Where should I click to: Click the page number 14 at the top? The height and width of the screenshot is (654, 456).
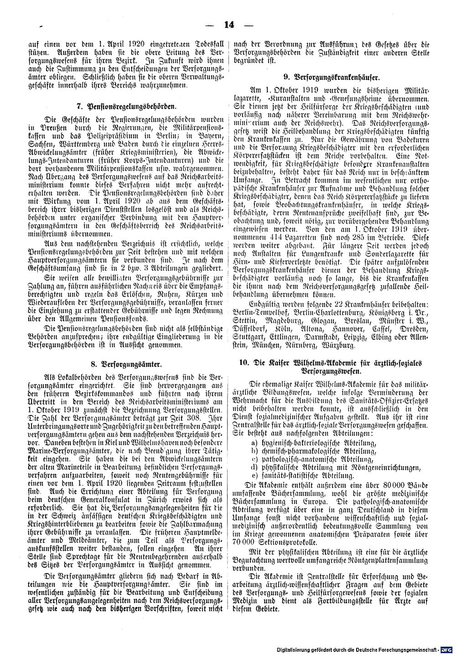click(228, 25)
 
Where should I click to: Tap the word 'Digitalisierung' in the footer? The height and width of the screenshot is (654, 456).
click(298, 649)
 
